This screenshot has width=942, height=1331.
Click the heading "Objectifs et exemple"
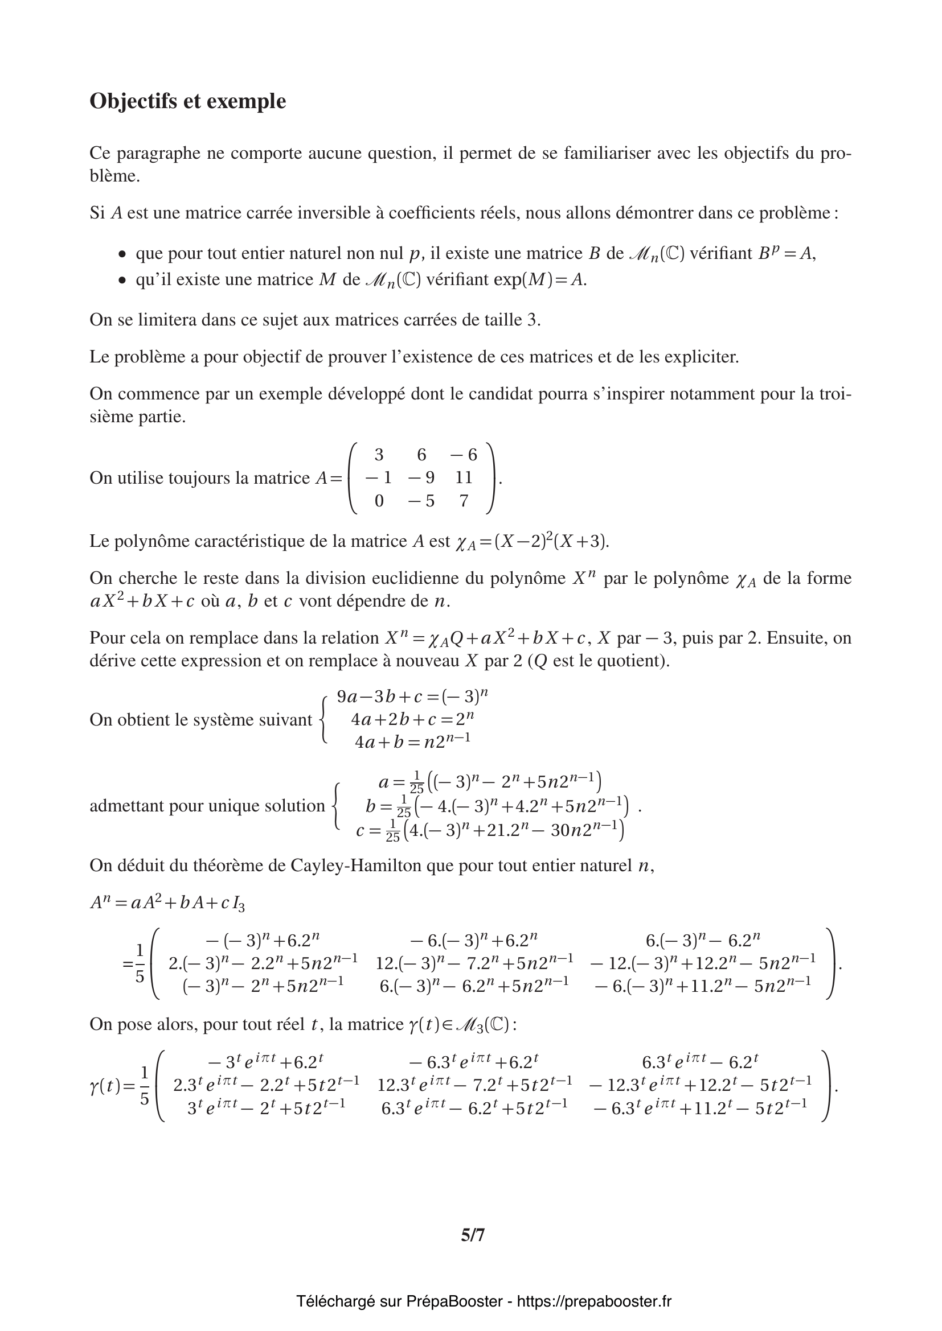[x=187, y=101]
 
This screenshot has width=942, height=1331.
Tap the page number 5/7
[x=473, y=1235]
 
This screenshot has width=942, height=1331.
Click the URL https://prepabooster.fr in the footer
[x=594, y=1301]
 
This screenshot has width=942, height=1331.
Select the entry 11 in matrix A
[x=464, y=477]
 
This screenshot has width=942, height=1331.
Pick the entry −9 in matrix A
[x=421, y=477]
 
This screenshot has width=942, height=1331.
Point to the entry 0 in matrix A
[x=379, y=500]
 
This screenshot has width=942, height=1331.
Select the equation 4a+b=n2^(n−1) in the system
[x=412, y=741]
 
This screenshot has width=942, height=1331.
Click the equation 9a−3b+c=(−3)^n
[x=412, y=696]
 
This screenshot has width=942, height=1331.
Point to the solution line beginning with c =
[x=490, y=830]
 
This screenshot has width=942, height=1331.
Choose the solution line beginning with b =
[x=497, y=806]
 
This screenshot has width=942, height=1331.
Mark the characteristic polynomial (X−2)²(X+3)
[x=551, y=541]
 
